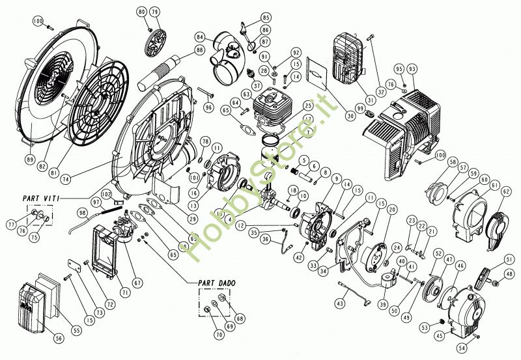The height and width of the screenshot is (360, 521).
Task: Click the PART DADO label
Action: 216,283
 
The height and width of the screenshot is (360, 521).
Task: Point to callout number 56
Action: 59,339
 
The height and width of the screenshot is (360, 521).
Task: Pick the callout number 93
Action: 412,69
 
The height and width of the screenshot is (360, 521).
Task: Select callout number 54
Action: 463,348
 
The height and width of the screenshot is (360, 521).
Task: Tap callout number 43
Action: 340,304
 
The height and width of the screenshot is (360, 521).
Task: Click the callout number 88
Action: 199,50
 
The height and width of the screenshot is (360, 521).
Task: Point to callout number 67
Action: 137,283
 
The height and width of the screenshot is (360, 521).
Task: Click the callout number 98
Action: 82,213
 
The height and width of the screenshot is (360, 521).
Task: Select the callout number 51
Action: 509,259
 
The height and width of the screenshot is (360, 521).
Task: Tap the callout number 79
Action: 154,12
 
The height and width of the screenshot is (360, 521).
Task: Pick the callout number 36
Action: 264,239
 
